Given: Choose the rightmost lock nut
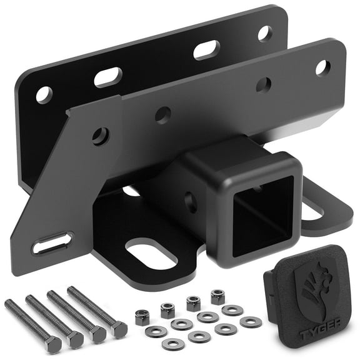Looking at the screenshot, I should (217, 296).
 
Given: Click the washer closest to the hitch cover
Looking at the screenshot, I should (251, 321).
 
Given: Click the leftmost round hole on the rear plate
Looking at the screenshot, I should (44, 95).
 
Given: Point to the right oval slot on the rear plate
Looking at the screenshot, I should (206, 49).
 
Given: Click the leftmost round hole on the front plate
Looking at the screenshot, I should (101, 136).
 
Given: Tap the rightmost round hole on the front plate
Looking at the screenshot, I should (322, 67).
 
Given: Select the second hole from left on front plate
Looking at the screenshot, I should (163, 114).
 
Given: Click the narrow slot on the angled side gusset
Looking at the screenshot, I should (53, 242).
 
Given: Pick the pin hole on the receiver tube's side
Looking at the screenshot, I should (191, 202).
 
